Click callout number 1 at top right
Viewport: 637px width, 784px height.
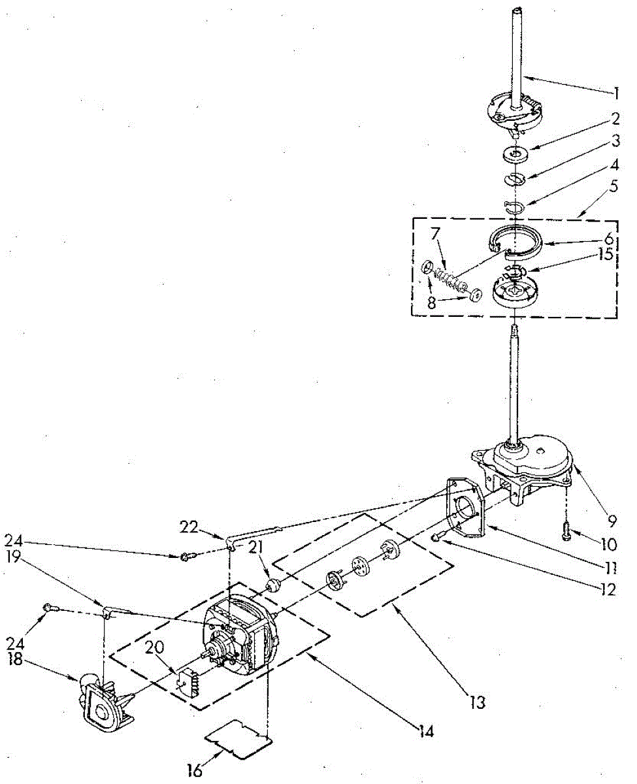[615, 93]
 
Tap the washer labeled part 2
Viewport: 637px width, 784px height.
[516, 154]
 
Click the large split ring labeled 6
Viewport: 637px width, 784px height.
[515, 242]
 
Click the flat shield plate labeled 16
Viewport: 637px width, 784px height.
[238, 742]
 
